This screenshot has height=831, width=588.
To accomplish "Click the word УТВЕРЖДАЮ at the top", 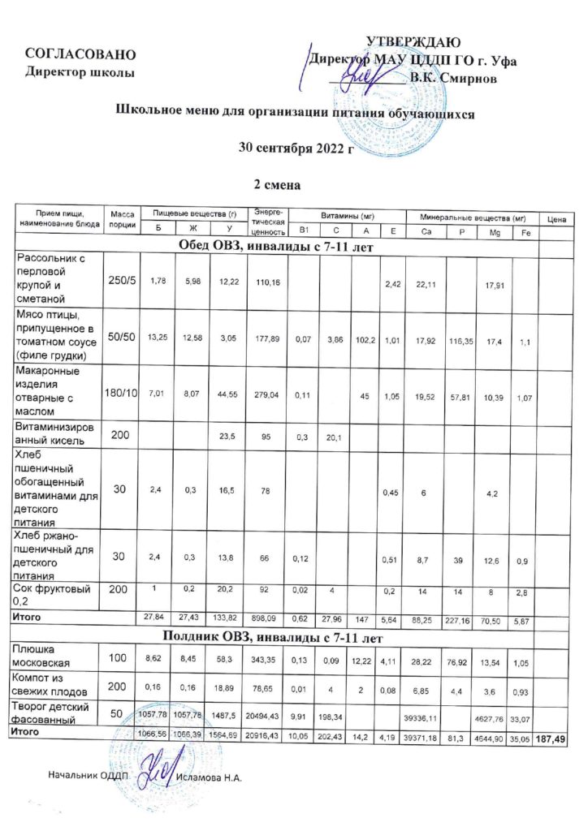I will [414, 42].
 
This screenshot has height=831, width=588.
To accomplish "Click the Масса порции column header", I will [122, 217].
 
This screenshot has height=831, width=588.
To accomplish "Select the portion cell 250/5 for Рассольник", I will [122, 280].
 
